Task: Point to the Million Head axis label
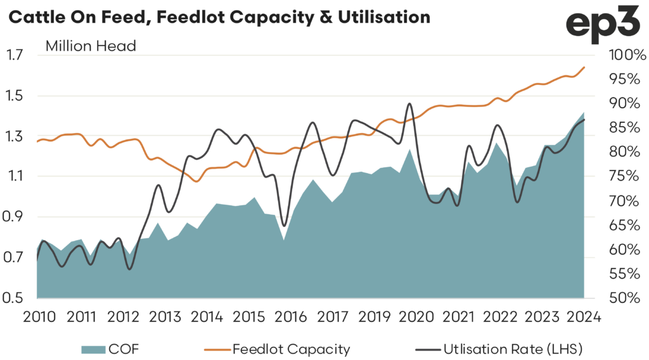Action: point(91,46)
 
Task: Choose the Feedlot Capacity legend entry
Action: point(291,349)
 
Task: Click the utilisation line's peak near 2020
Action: point(410,103)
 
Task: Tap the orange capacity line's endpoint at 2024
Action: point(584,67)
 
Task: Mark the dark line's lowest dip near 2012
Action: point(130,269)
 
